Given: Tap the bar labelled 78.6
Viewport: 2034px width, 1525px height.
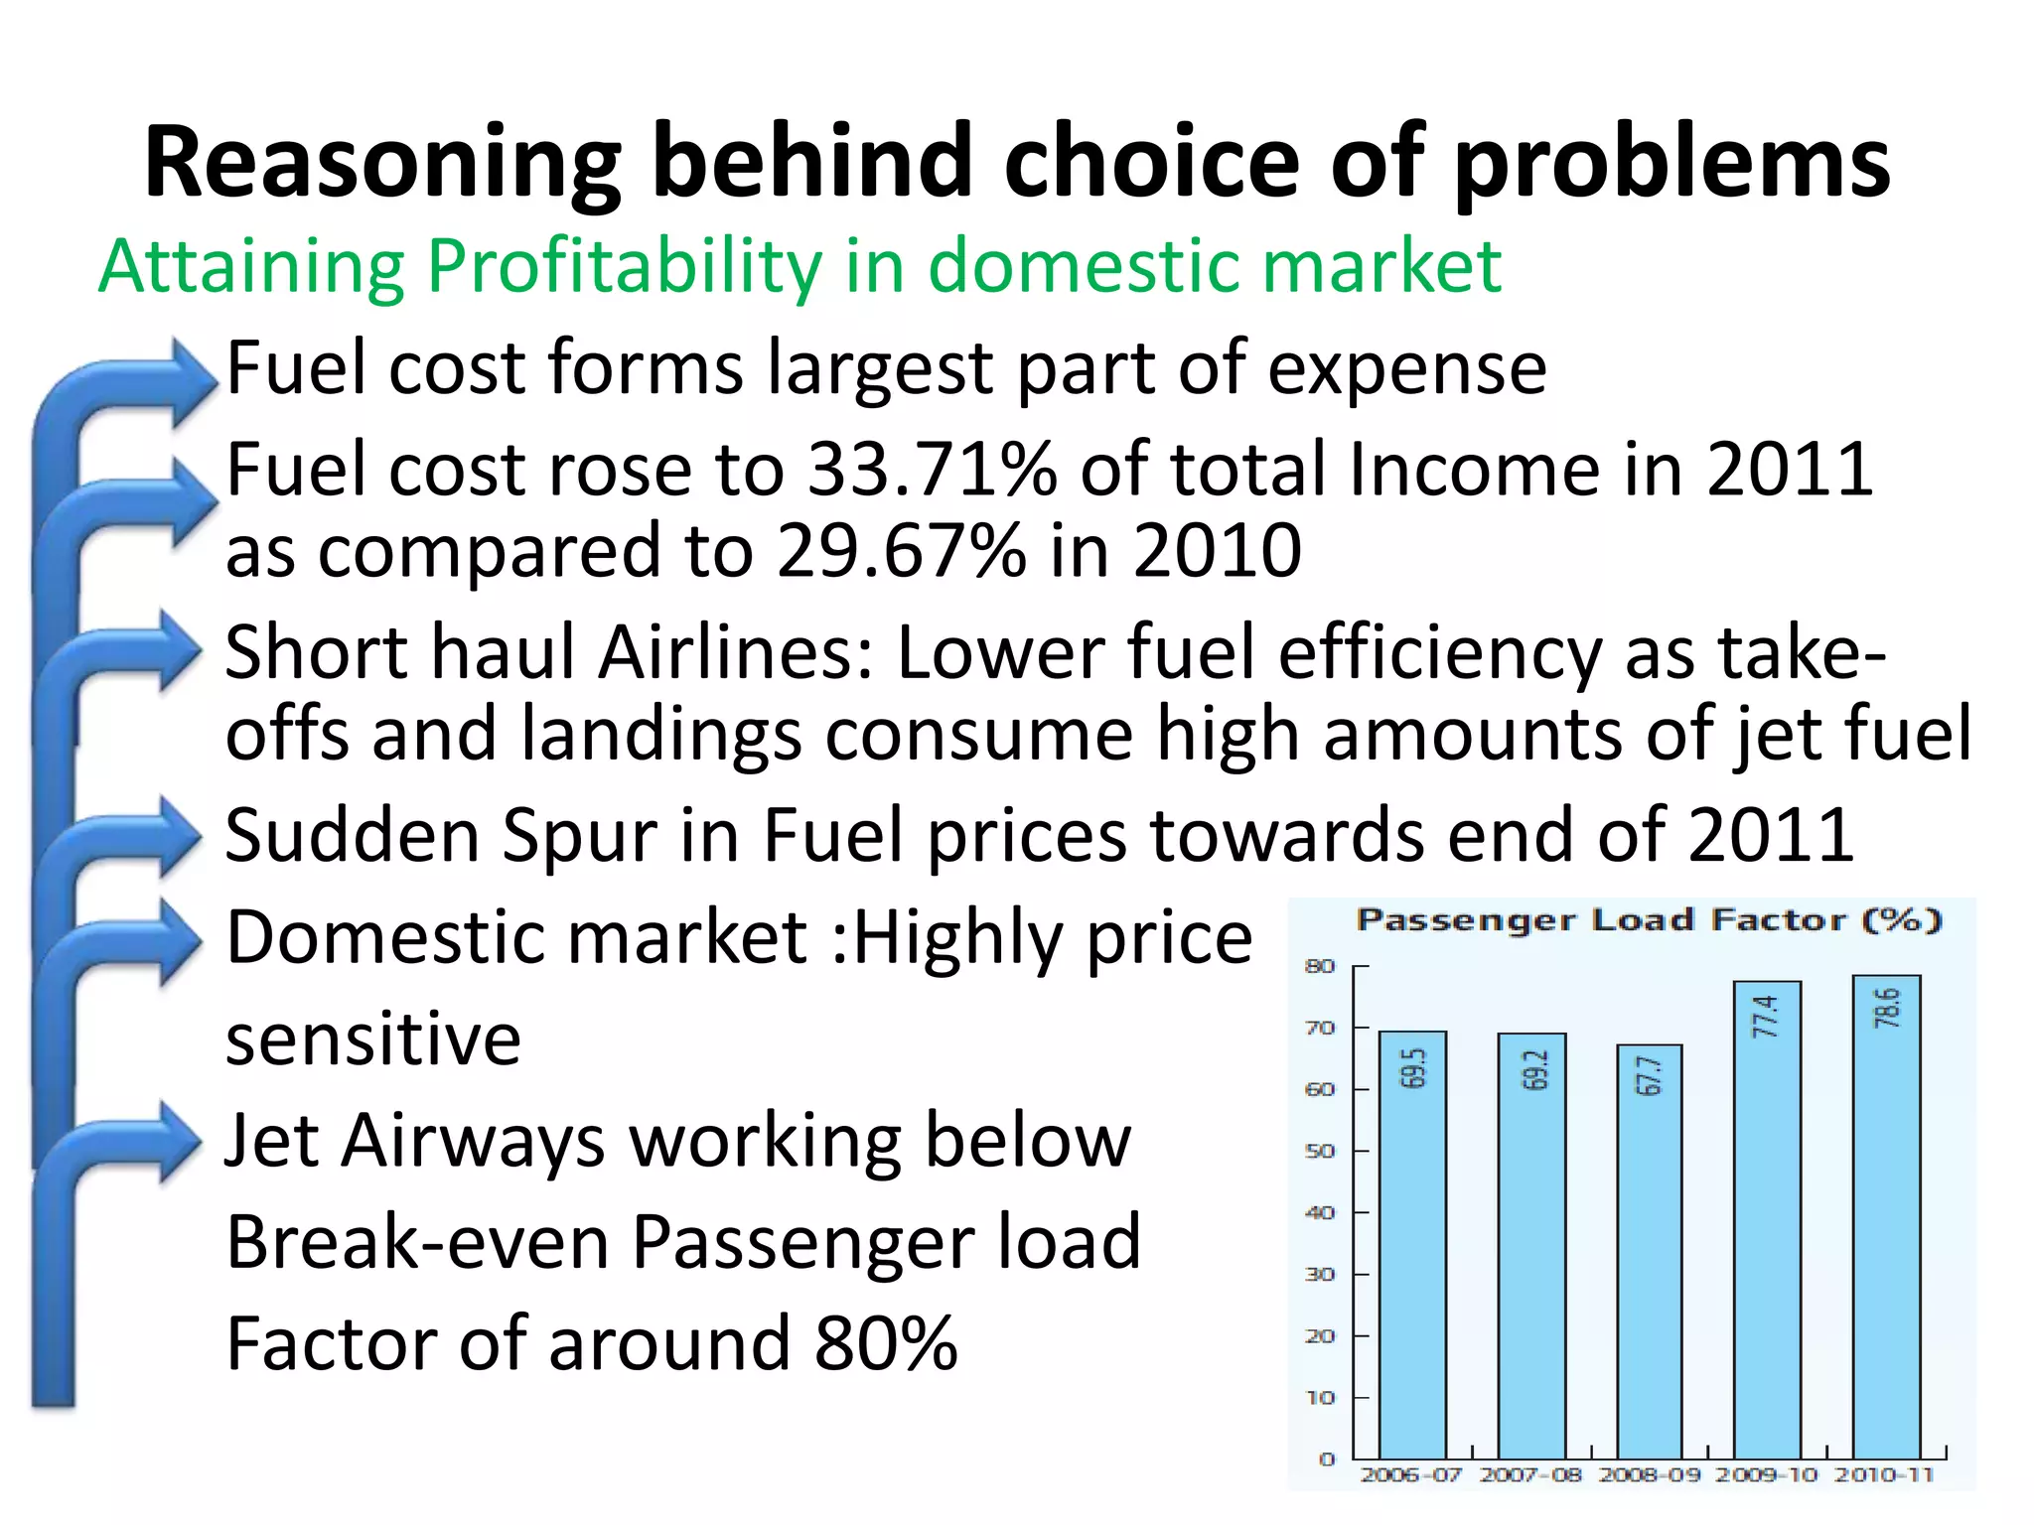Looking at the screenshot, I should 1886,1221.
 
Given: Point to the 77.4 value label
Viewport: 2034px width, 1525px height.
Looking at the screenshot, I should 1765,1016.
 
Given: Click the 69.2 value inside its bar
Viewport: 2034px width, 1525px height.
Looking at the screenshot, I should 1534,1069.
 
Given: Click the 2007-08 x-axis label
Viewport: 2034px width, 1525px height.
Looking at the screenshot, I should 1529,1474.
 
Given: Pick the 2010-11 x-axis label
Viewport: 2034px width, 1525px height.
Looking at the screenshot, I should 1884,1474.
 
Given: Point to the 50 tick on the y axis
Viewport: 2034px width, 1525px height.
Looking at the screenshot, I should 1320,1151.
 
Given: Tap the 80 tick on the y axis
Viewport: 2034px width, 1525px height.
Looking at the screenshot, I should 1320,966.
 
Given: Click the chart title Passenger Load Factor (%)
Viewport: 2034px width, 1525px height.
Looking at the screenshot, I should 1649,920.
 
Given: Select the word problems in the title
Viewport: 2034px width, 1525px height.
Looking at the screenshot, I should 1671,162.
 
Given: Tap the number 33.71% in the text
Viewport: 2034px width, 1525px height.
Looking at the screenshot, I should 932,469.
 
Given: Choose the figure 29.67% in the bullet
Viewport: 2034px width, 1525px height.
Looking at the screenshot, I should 901,551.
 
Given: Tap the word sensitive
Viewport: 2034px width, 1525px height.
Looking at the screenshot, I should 373,1040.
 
